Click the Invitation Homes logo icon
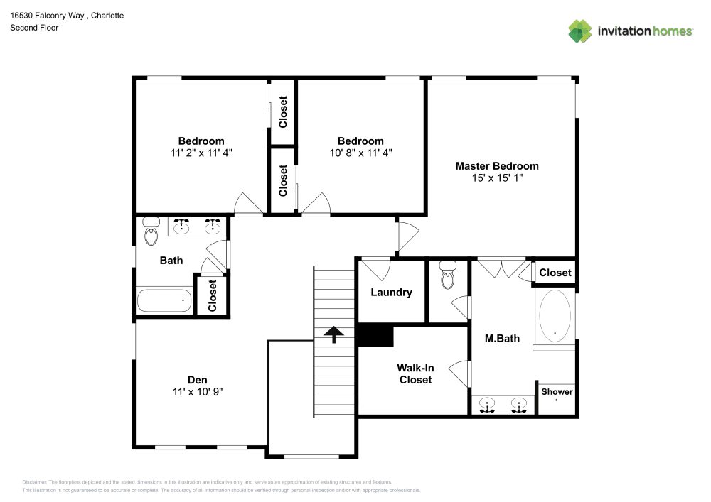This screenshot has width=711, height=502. (x=580, y=31)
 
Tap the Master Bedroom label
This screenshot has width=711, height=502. (x=497, y=166)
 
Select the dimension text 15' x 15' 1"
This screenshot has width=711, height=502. (x=497, y=178)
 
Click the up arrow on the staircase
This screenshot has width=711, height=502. (x=333, y=334)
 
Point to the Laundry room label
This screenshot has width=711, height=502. (x=391, y=293)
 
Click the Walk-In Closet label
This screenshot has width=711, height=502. (x=415, y=373)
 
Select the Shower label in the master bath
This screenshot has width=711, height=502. (x=557, y=392)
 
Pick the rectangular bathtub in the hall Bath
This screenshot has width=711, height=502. (x=164, y=300)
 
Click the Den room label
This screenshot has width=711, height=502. (x=198, y=380)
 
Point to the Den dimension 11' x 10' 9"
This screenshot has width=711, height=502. (x=198, y=391)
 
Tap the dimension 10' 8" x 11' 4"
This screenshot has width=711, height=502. (x=360, y=152)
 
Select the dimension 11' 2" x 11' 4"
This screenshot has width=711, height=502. (x=201, y=152)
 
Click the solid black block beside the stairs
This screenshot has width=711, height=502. (x=375, y=335)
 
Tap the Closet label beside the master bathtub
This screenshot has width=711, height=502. (x=555, y=273)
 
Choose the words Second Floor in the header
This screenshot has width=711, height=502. (x=34, y=28)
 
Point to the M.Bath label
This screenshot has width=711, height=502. (x=502, y=339)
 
